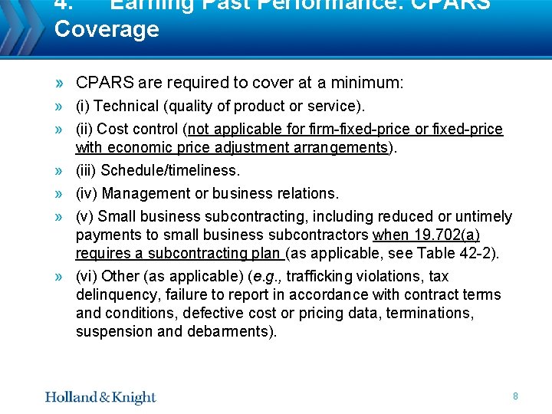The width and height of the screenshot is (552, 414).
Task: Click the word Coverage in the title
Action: pos(107,30)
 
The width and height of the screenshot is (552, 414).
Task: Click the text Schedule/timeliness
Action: pos(170,170)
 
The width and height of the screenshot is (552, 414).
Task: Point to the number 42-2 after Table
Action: pos(475,253)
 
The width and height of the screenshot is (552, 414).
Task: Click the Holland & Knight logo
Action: pos(100,397)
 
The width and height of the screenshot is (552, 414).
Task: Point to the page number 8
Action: pos(515,396)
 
